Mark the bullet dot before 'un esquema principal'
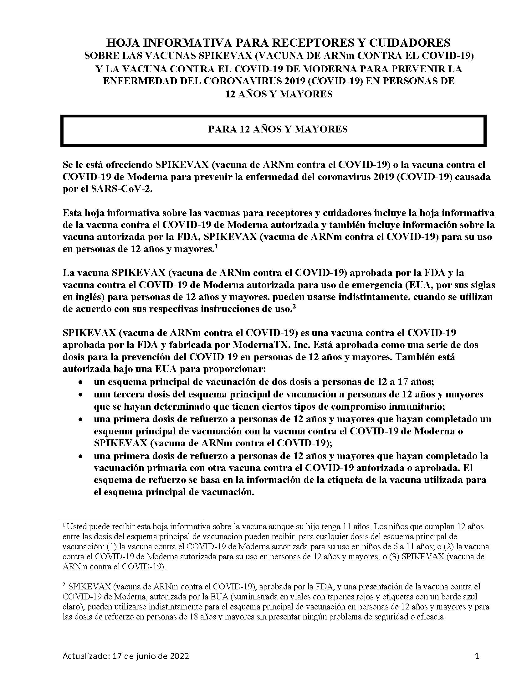[81, 382]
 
